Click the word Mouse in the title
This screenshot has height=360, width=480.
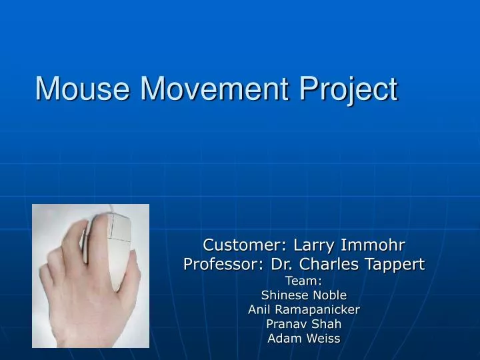pyautogui.click(x=79, y=89)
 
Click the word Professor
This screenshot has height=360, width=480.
pyautogui.click(x=221, y=265)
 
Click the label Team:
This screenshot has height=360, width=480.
pyautogui.click(x=304, y=280)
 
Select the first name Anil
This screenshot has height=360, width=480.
pyautogui.click(x=259, y=309)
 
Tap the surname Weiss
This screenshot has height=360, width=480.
pyautogui.click(x=323, y=339)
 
